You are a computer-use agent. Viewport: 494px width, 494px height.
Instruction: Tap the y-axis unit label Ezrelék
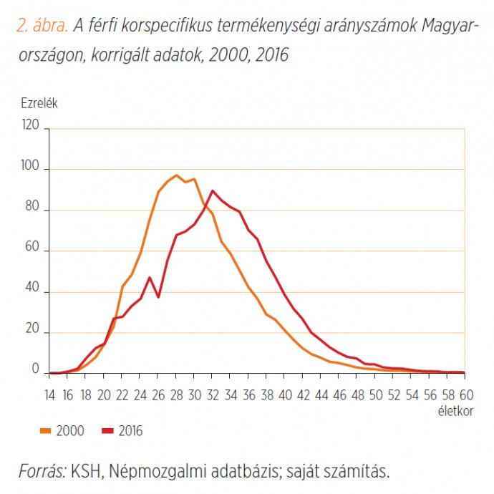pos(39,102)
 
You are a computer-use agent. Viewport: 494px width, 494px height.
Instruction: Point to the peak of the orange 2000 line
pos(176,175)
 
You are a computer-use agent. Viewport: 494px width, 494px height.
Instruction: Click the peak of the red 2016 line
pos(213,190)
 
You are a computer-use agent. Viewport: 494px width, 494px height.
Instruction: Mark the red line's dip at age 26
pos(159,297)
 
